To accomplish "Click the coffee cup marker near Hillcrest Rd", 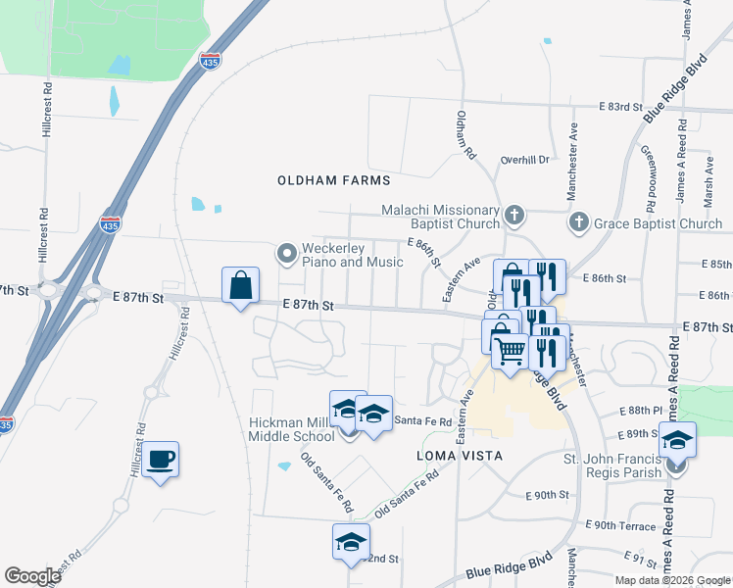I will [x=161, y=459].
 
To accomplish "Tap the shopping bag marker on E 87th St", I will [x=240, y=286].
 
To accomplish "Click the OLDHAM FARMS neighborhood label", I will [x=333, y=180].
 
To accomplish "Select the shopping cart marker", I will [x=510, y=350].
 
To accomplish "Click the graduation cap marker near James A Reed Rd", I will [x=676, y=440].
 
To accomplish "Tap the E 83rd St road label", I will [x=619, y=106].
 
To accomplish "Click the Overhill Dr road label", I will [x=525, y=159].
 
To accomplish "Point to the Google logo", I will [x=32, y=576].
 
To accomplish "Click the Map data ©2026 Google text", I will [x=672, y=580].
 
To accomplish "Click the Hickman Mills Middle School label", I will [x=293, y=428].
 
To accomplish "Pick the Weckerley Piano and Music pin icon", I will [x=287, y=255].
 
